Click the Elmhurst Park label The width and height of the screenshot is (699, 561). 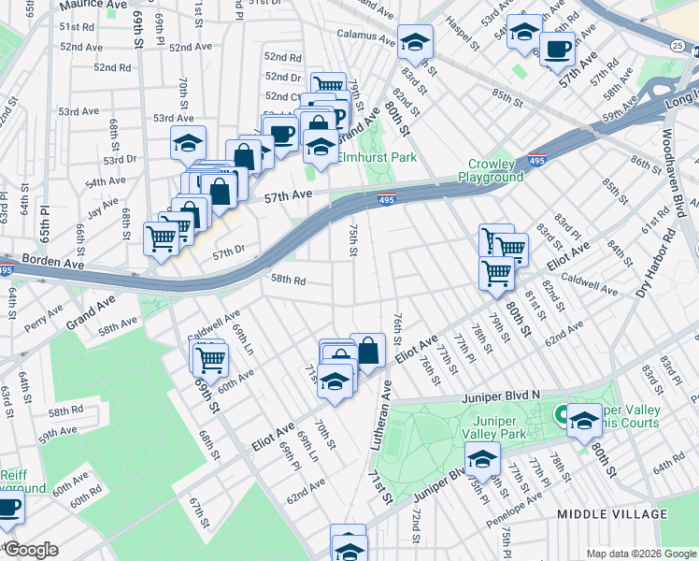pos(377,158)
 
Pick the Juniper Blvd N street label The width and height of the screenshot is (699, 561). pos(501,397)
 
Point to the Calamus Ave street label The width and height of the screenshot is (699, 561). pos(365,39)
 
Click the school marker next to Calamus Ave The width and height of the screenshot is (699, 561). pos(415,41)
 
